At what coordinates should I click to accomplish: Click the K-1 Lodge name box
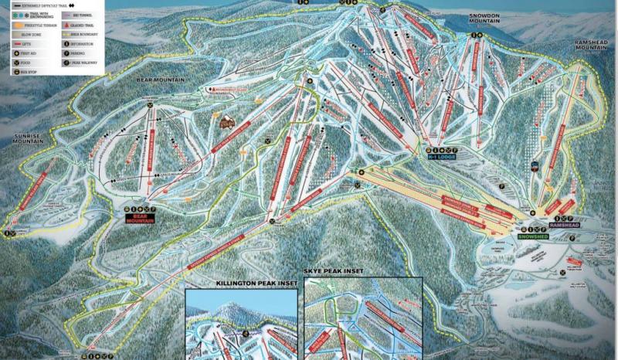coord(441,156)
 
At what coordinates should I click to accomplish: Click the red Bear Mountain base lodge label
coord(141,219)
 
